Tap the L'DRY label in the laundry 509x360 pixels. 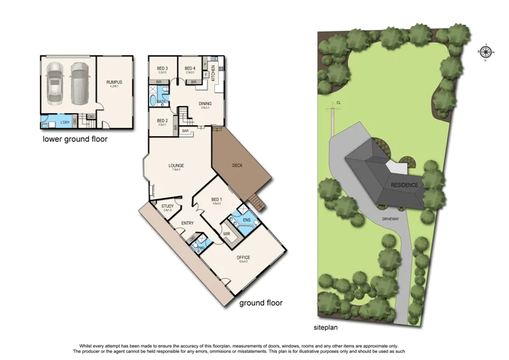coord(64,122)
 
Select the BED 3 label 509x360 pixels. coord(162,68)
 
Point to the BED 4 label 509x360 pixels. coord(190,68)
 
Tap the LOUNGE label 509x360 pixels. coord(176,166)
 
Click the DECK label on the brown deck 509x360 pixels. coord(237,165)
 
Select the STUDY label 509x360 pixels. coord(167,206)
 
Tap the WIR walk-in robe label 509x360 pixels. coord(226,234)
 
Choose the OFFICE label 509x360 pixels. coord(244,257)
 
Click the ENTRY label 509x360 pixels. coord(187,223)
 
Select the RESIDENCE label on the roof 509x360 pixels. coord(405,185)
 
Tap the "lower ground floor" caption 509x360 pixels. coord(75,139)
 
